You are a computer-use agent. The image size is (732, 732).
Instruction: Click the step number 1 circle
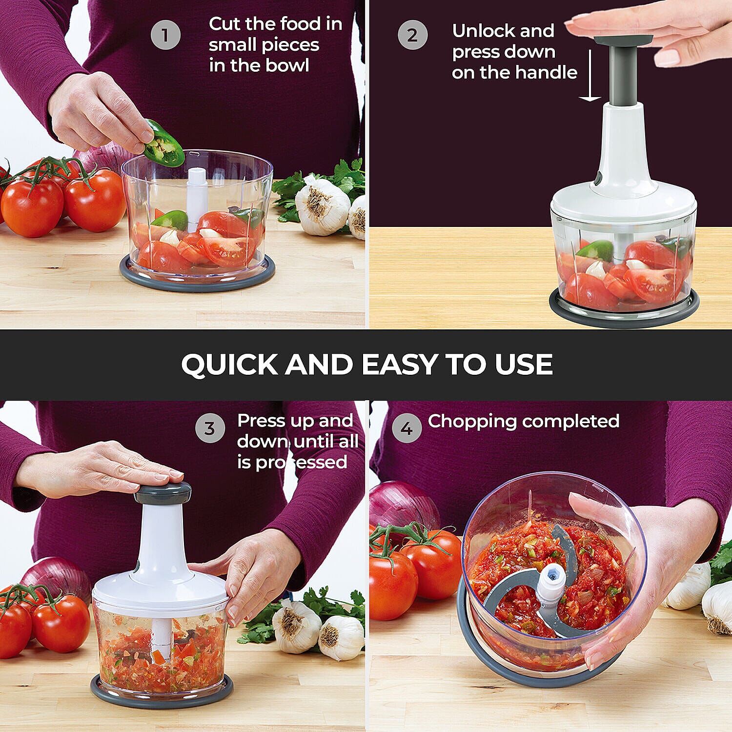click(x=165, y=35)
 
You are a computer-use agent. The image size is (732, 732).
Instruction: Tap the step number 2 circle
click(x=412, y=35)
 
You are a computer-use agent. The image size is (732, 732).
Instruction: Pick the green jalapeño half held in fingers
click(x=163, y=144)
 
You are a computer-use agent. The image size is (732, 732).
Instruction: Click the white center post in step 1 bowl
click(x=196, y=195)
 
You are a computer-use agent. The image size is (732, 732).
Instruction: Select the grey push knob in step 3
click(x=163, y=493)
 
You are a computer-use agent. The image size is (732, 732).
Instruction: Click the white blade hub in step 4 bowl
click(x=551, y=581)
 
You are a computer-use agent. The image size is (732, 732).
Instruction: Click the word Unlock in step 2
click(x=481, y=31)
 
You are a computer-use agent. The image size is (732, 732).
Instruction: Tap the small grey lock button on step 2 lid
click(x=597, y=178)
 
